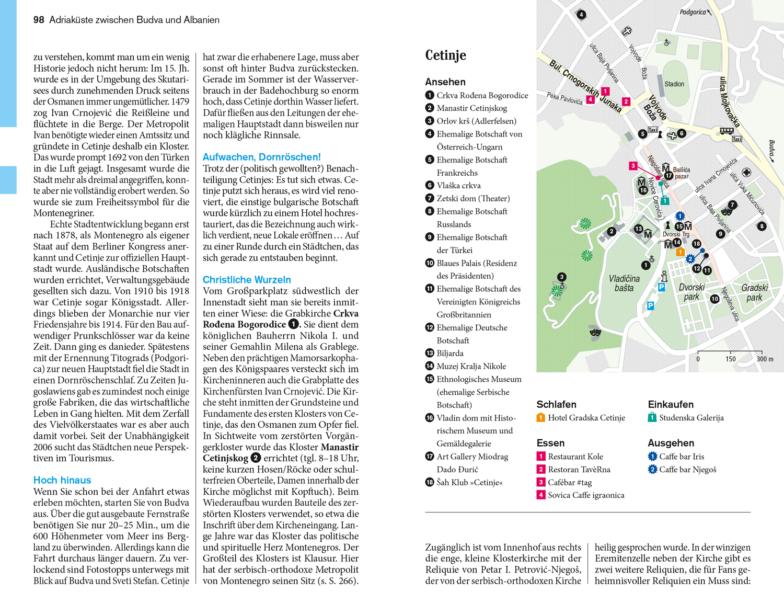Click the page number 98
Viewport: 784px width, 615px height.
(x=39, y=20)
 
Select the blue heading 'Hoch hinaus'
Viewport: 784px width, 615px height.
(x=62, y=480)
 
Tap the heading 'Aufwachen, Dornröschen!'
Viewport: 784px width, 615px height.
(x=261, y=157)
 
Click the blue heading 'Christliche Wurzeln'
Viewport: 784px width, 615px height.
(x=247, y=280)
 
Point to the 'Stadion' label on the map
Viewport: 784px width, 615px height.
(x=674, y=84)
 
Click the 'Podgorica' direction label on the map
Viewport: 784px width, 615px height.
(x=693, y=12)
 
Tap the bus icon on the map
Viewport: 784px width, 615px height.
(x=726, y=131)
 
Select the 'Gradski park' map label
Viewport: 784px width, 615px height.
(x=754, y=292)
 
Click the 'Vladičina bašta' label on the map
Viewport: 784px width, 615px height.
(x=624, y=283)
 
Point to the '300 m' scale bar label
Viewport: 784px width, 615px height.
(x=764, y=359)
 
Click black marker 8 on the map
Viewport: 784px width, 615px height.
(x=762, y=226)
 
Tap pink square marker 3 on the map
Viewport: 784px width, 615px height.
(x=633, y=166)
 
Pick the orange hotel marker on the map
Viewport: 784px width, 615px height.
(x=680, y=252)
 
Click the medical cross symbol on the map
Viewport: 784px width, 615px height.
(x=747, y=173)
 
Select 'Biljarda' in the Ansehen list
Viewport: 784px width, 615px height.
(x=450, y=354)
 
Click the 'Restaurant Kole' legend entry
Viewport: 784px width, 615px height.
(x=575, y=457)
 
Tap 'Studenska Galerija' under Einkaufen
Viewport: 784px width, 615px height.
(x=691, y=418)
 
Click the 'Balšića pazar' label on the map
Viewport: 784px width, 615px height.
(x=682, y=173)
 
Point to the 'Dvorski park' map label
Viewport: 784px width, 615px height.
(x=691, y=292)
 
